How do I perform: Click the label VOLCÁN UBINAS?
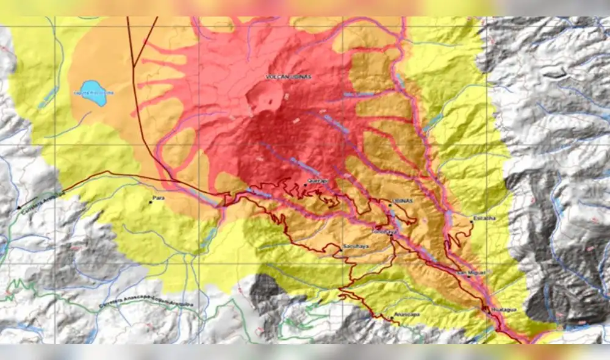point(289,77)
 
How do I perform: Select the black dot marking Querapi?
point(305,185)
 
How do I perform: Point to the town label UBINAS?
point(400,201)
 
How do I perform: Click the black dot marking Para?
point(151,203)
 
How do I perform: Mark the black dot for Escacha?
point(472,221)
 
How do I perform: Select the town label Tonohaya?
point(385,232)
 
